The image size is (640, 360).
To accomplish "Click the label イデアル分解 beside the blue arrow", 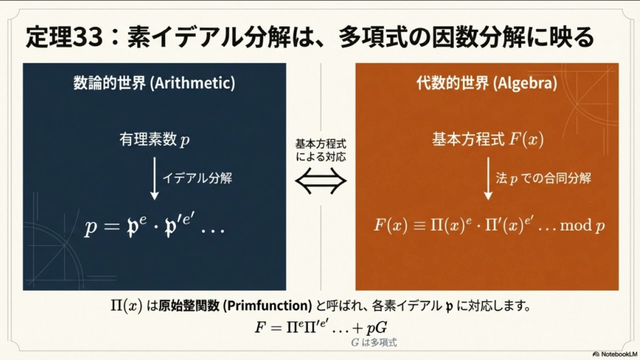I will (x=197, y=178).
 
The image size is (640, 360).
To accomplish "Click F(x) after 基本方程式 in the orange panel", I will (x=526, y=140).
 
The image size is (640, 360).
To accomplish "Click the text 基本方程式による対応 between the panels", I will (x=320, y=149).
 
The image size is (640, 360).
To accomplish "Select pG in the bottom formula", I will (x=378, y=328).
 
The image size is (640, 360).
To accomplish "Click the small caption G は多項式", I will (x=374, y=343).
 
